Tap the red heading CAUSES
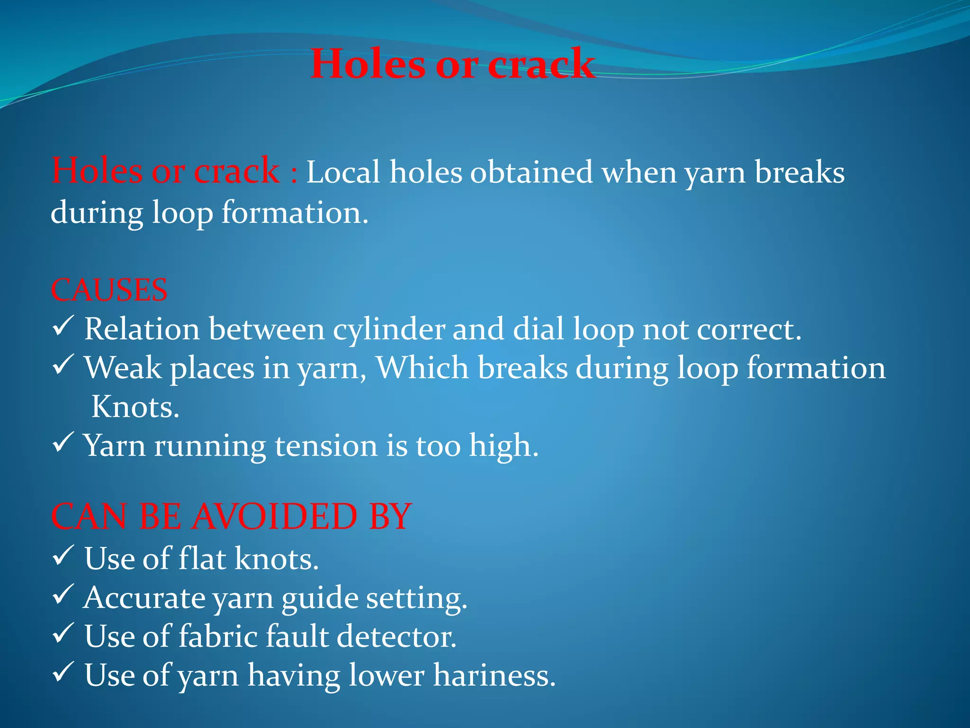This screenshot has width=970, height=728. point(109,290)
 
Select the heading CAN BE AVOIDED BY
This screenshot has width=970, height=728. point(231,516)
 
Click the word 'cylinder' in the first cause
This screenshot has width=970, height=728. point(388,329)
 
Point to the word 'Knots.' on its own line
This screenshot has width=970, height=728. point(135,407)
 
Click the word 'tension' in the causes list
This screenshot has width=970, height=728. point(326,446)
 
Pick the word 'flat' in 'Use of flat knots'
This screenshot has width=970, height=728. point(201,558)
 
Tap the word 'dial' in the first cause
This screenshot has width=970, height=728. point(539,329)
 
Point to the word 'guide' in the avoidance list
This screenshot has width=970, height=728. point(320,598)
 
